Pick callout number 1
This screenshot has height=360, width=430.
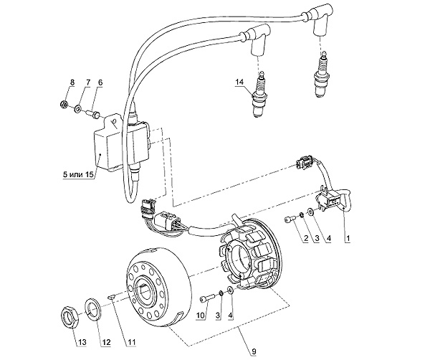pyautogui.click(x=348, y=237)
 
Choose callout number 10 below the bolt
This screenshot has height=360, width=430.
pyautogui.click(x=201, y=315)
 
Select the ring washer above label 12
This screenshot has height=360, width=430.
pyautogui.click(x=93, y=309)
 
